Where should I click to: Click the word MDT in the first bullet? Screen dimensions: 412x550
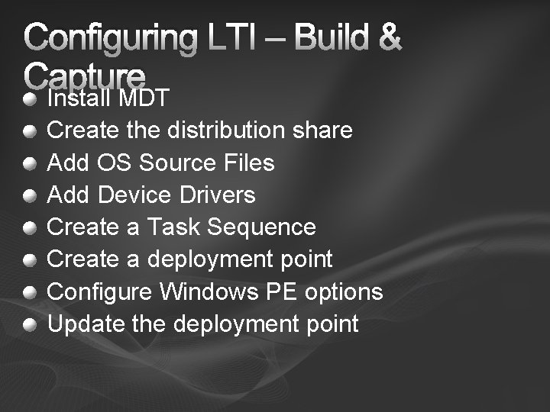pos(144,98)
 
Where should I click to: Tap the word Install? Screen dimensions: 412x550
pos(79,98)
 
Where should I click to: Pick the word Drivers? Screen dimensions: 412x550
pos(218,195)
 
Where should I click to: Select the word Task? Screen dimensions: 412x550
pos(173,227)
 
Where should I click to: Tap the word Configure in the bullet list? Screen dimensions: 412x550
pos(100,292)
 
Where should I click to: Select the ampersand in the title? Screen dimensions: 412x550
pos(388,37)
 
